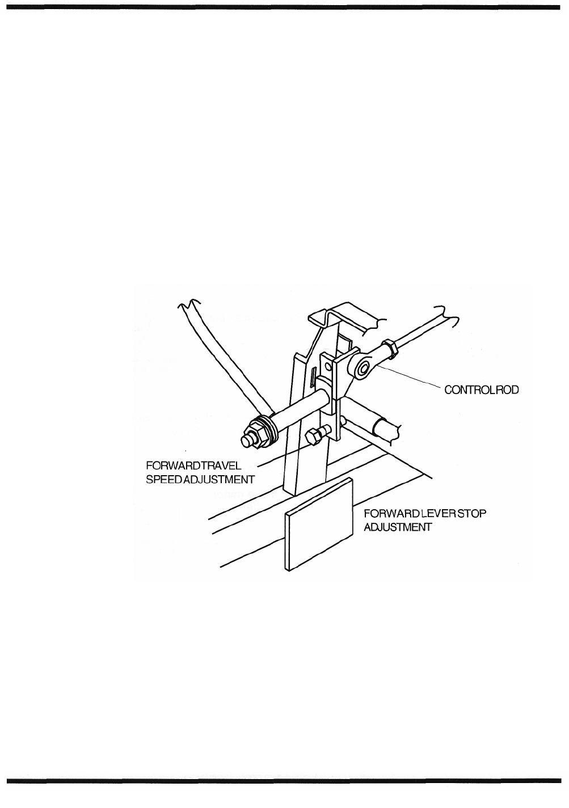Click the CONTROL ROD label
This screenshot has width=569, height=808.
click(x=482, y=391)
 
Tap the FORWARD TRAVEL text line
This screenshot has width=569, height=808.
click(x=194, y=466)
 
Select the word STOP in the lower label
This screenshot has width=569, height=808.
click(x=473, y=514)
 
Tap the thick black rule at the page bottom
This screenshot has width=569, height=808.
click(x=284, y=780)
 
